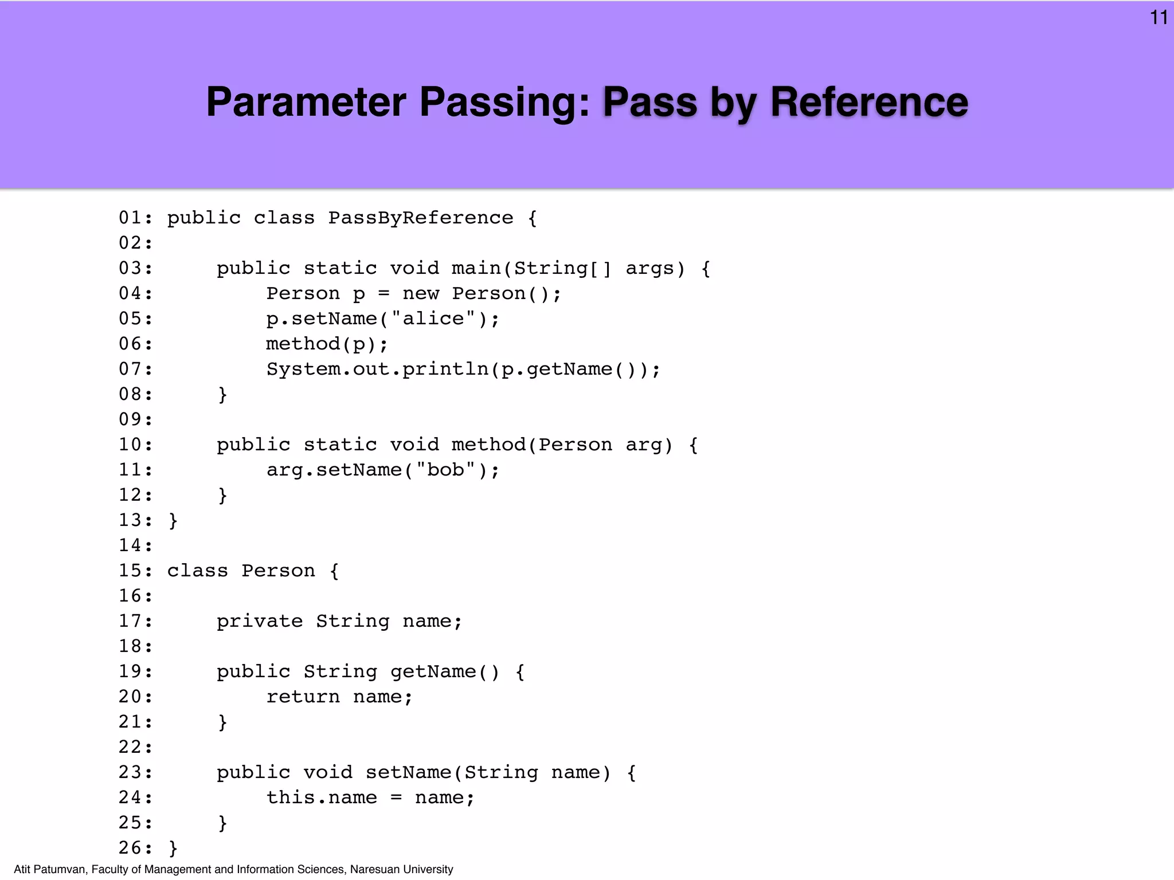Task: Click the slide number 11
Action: click(1159, 18)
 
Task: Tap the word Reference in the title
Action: click(869, 102)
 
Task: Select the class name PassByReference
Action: click(420, 218)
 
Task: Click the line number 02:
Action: click(136, 243)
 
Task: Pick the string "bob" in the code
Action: click(445, 470)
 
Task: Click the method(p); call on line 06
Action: click(327, 344)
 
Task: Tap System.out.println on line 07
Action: click(378, 370)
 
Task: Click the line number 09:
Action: click(136, 420)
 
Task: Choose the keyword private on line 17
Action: click(260, 622)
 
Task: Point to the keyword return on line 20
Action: click(303, 697)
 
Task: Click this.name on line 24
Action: click(322, 797)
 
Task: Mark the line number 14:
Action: click(136, 545)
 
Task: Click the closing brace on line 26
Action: click(173, 848)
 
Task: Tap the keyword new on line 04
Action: click(421, 294)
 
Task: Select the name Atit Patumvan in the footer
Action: click(50, 870)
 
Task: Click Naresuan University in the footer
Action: click(401, 870)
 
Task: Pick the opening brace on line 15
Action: click(334, 571)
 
